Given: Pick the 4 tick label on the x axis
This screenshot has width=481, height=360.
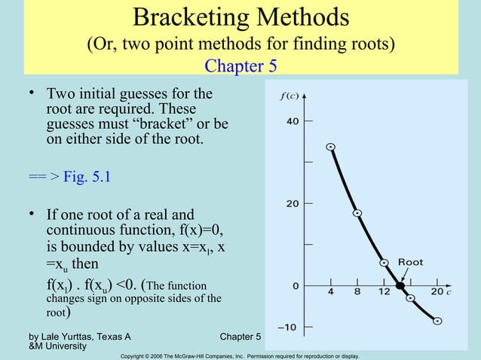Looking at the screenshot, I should [330, 292].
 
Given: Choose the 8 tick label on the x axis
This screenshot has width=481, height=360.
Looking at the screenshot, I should [357, 292].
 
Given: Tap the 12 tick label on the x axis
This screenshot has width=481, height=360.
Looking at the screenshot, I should [384, 292].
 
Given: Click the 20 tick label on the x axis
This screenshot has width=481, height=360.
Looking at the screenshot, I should [437, 292].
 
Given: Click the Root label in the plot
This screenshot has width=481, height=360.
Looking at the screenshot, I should [411, 263].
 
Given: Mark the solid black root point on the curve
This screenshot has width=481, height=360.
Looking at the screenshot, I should [400, 285].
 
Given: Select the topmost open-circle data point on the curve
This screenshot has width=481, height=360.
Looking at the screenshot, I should [330, 147].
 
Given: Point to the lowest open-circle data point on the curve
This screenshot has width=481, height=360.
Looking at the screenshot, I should [437, 321].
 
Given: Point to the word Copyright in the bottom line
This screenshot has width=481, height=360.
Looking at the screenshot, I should [136, 355].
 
